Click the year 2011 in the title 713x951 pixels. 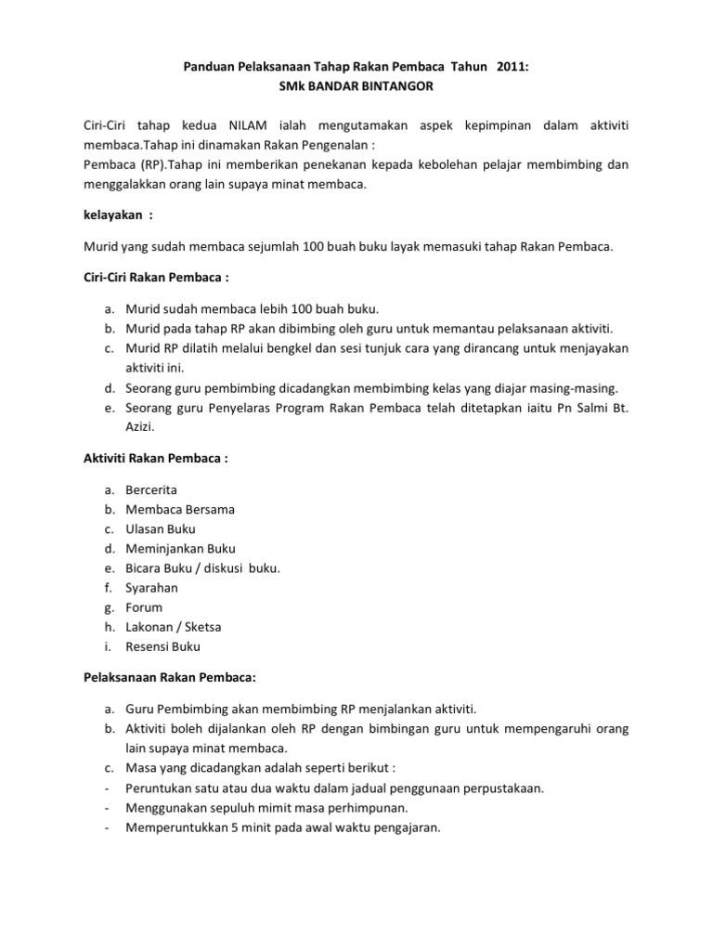[502, 66]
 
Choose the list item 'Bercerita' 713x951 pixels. [151, 489]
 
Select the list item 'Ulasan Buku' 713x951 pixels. [161, 528]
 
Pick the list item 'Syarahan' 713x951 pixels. [152, 588]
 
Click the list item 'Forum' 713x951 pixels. [144, 607]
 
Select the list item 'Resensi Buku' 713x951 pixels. [163, 646]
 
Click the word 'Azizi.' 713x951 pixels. [141, 426]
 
